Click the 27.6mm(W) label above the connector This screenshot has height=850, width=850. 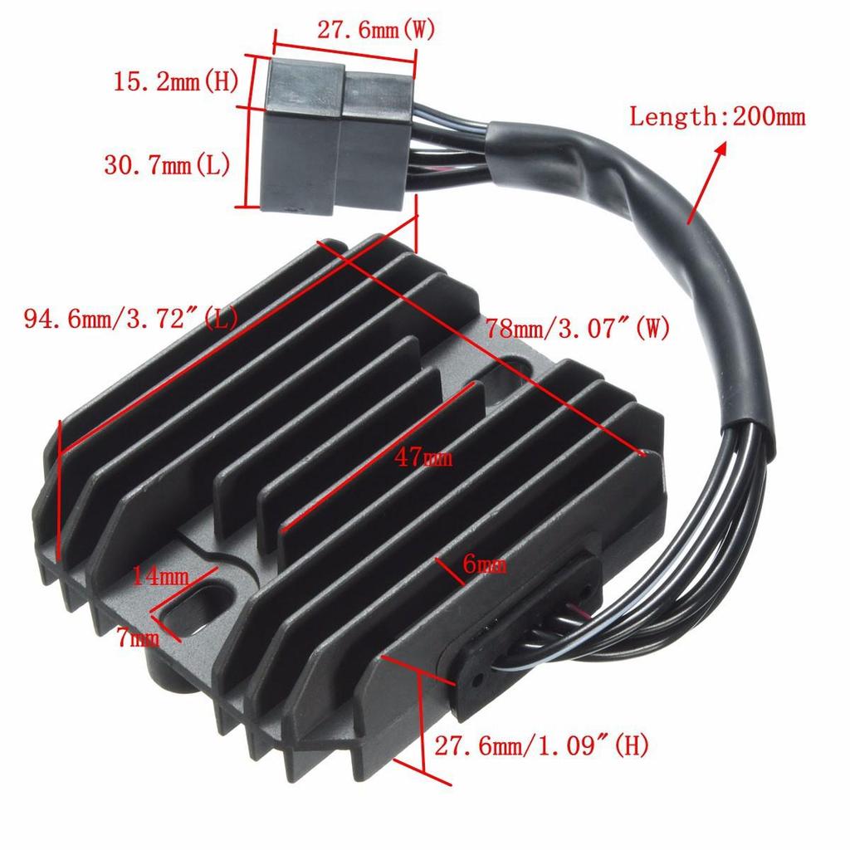376,31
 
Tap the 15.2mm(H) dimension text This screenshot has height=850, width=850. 176,82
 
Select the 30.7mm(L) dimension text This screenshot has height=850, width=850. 167,165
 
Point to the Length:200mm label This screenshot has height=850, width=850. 717,116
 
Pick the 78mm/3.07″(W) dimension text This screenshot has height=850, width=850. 578,328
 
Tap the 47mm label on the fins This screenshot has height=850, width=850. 424,457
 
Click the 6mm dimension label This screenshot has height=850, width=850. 485,566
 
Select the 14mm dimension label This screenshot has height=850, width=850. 160,575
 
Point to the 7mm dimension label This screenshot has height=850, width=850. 137,637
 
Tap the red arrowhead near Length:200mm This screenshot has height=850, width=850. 719,149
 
